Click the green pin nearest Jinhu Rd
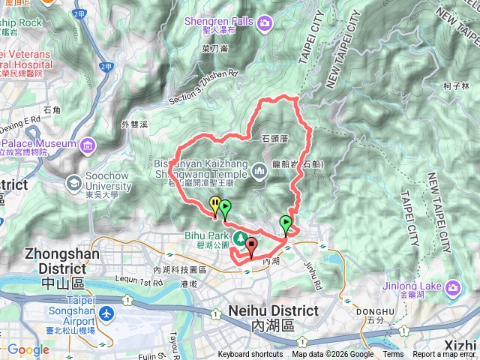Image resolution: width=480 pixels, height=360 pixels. pyautogui.click(x=285, y=223)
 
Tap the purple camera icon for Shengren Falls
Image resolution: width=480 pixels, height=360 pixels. pyautogui.click(x=264, y=25)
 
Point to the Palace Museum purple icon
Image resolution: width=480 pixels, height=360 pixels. pyautogui.click(x=88, y=143)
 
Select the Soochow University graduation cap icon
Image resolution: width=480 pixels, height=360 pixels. pyautogui.click(x=74, y=181)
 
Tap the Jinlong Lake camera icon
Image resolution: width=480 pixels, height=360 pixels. pyautogui.click(x=453, y=288)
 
